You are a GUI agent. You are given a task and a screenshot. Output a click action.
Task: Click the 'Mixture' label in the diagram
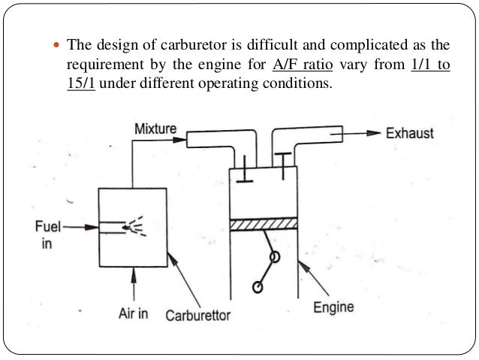coord(155,129)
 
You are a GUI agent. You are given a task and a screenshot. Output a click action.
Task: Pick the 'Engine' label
coord(333,307)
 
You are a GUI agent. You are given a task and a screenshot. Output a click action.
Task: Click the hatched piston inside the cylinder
coord(264,224)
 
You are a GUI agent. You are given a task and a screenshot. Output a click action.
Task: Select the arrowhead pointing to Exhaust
coord(373,134)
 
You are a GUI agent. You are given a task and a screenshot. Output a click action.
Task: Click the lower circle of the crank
coord(258,287)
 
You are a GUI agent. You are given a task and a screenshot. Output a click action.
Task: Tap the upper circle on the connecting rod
coord(275,256)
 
